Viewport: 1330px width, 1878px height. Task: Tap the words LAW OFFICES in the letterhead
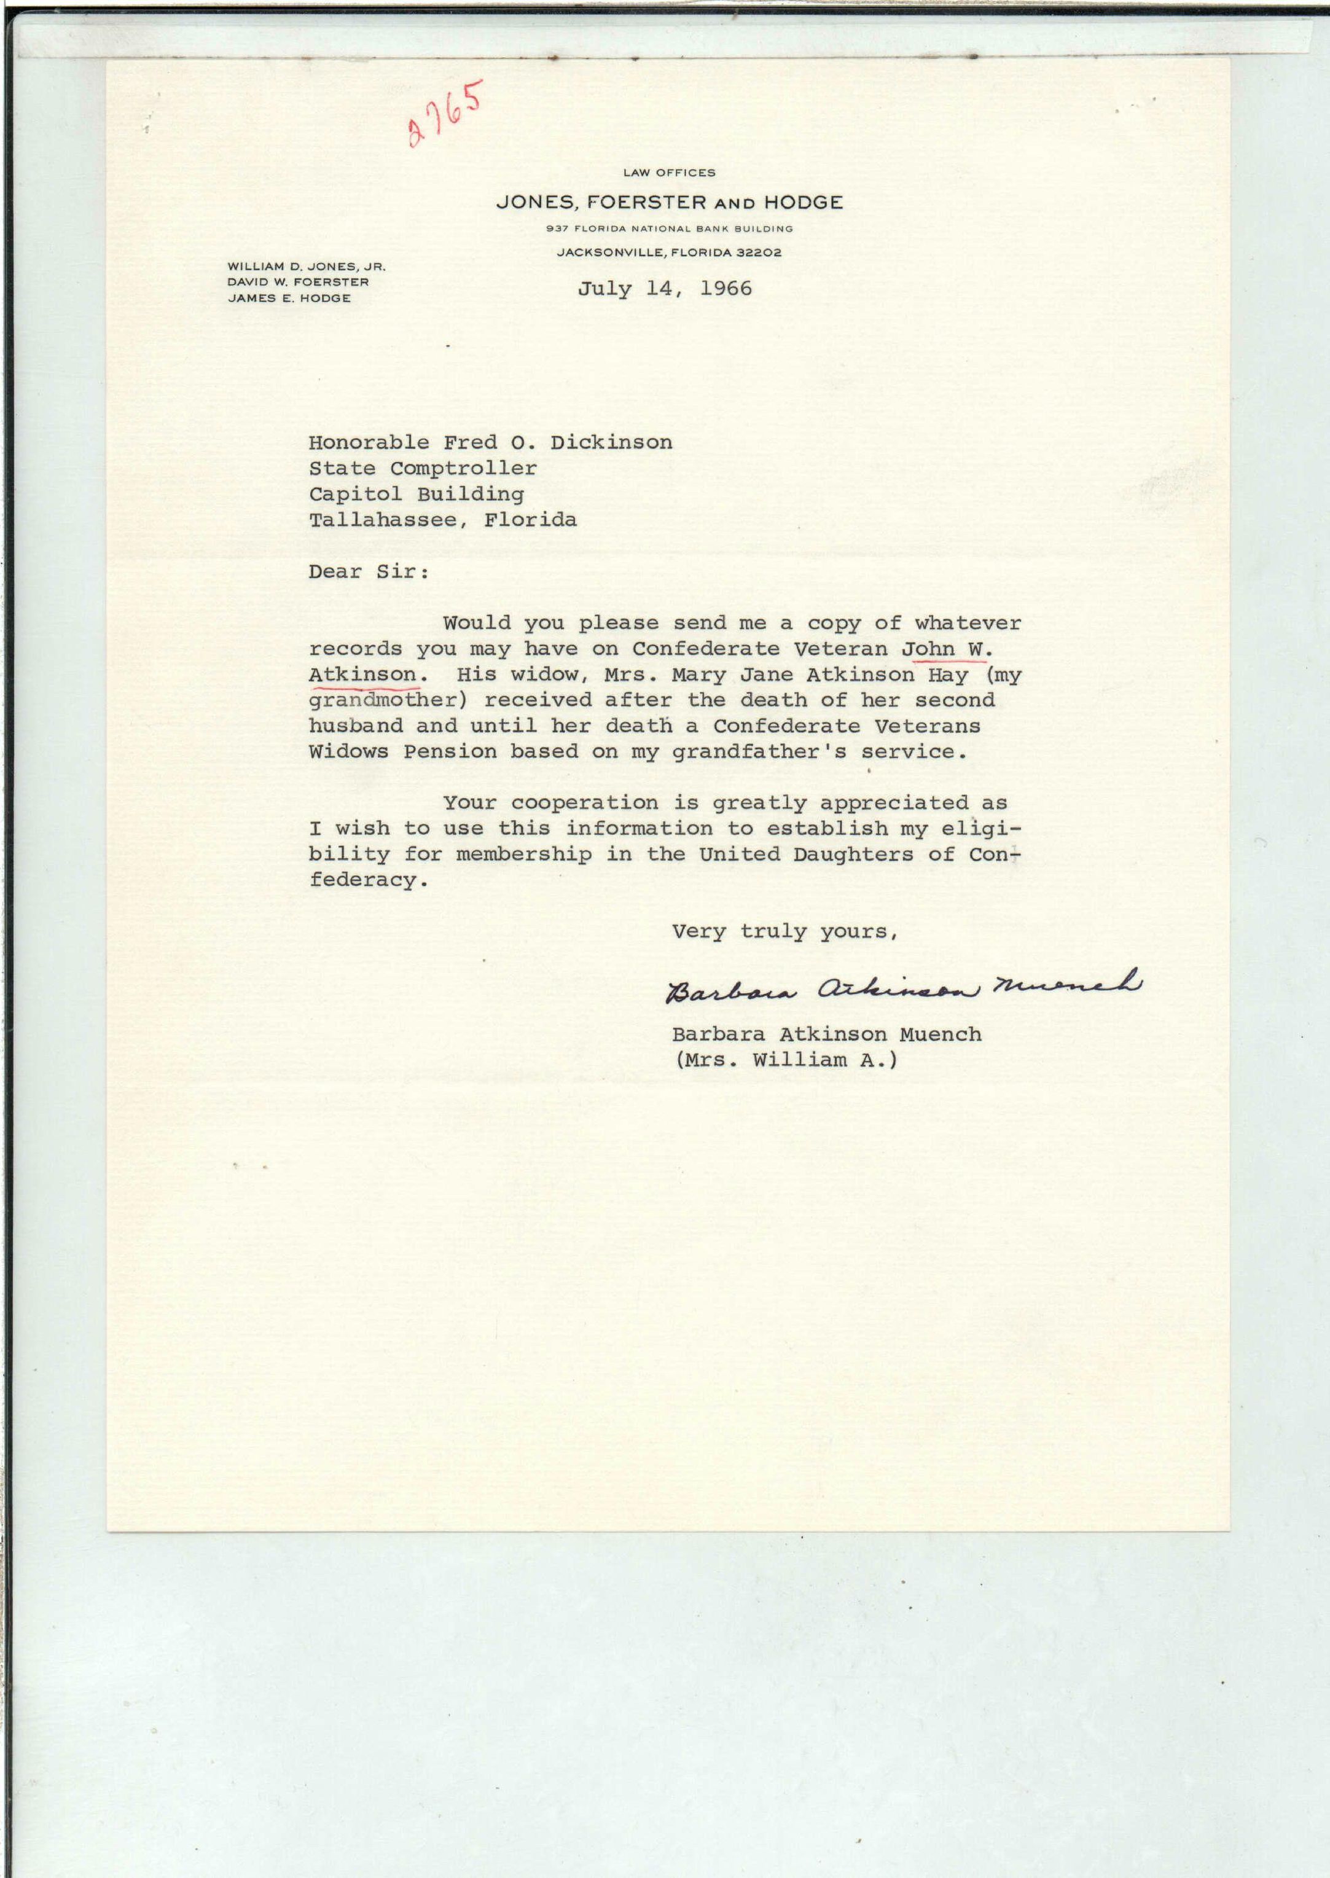point(669,173)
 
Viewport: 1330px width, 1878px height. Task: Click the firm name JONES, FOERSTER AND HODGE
point(669,202)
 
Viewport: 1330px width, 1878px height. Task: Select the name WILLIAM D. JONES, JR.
point(307,266)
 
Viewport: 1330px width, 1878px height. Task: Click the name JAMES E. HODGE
point(289,298)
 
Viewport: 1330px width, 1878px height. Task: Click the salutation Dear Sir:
point(369,572)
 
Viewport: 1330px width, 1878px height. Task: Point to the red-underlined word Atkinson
point(363,675)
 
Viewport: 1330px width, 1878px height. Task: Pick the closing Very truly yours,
point(784,931)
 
